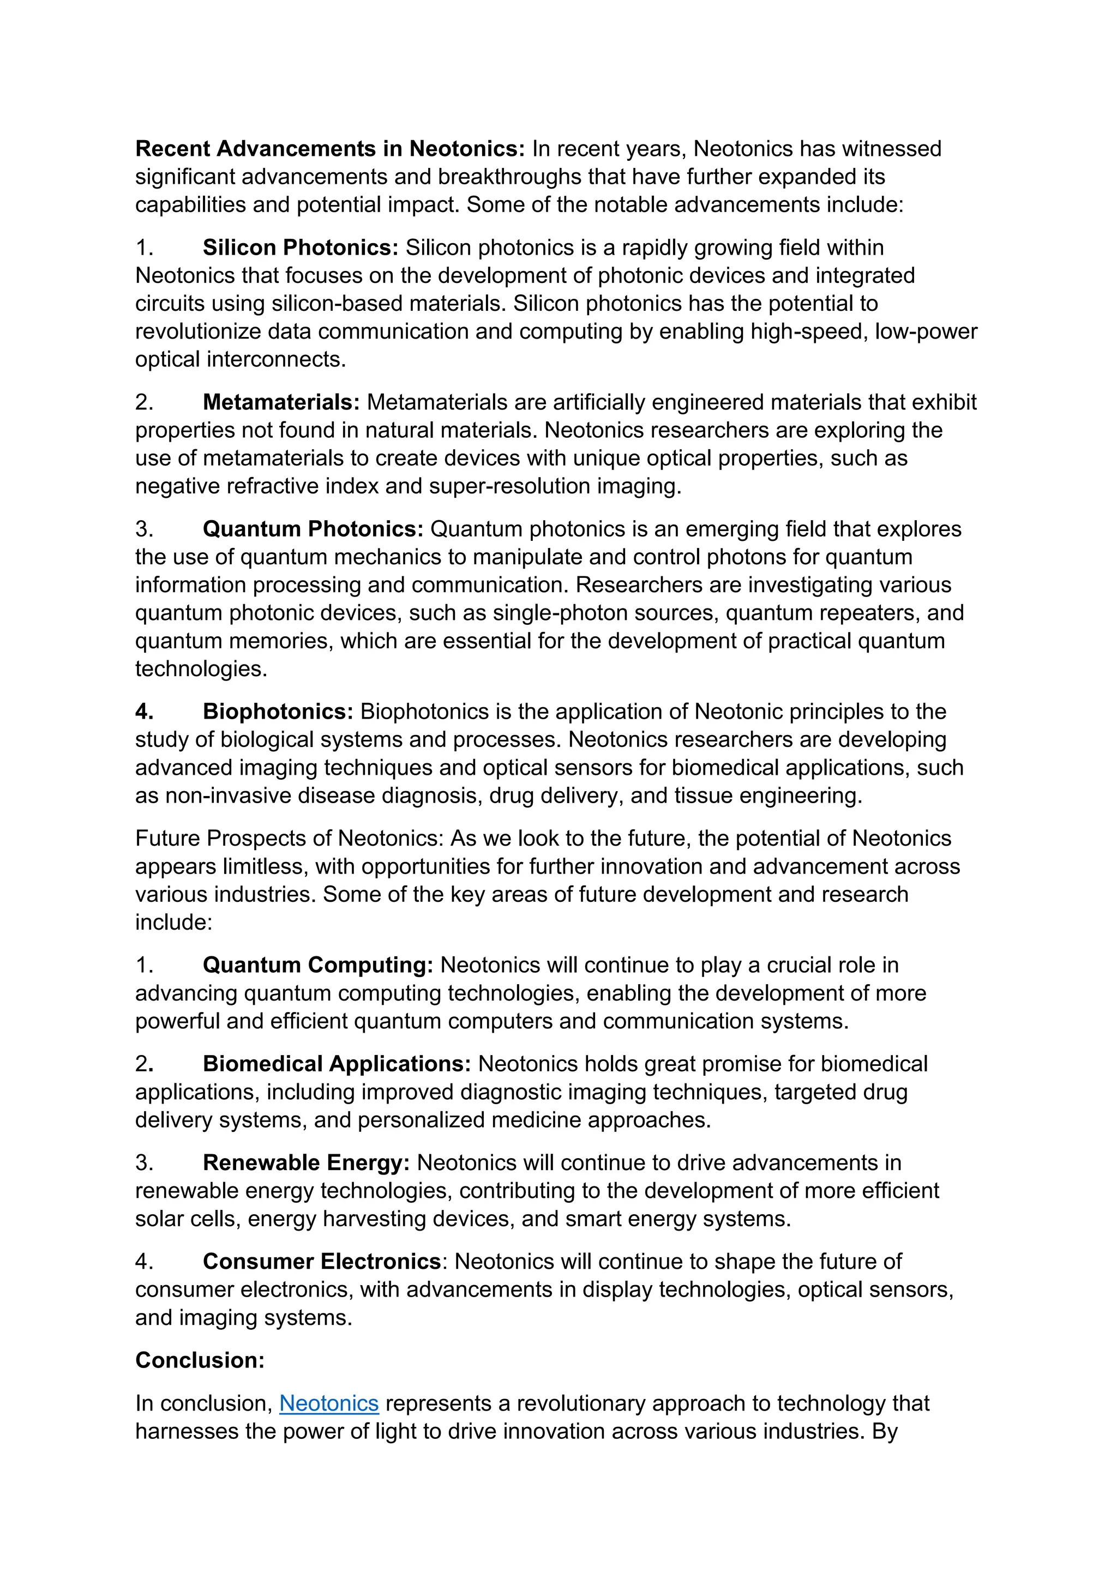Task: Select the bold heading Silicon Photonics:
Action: point(301,248)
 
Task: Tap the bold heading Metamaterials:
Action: point(281,402)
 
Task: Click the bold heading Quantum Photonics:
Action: point(313,529)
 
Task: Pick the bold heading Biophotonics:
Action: point(278,712)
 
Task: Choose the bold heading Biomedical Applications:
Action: point(337,1064)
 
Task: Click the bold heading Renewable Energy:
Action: point(306,1163)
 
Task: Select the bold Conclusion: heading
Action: point(200,1360)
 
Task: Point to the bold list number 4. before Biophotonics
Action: point(145,712)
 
